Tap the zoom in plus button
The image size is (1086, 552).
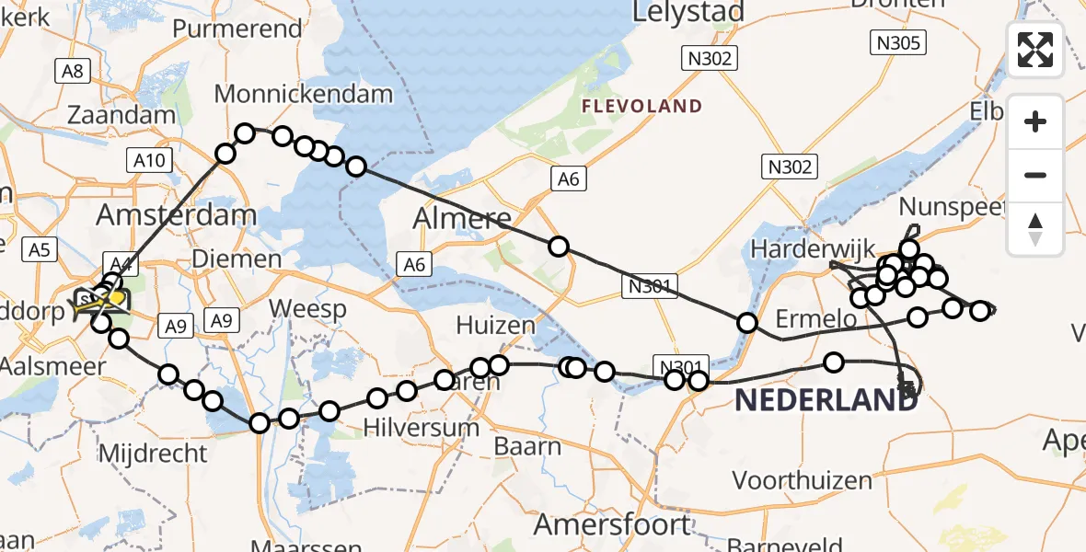[1035, 122]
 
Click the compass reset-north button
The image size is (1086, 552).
[1035, 229]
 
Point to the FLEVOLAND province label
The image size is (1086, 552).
[641, 107]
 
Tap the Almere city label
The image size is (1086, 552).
[462, 218]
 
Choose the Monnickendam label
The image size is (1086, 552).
[303, 94]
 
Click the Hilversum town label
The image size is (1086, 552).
[421, 428]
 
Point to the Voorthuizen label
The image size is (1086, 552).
[802, 480]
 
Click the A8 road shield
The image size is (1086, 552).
[71, 71]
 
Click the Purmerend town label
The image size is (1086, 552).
[237, 29]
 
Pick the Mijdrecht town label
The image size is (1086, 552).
[153, 454]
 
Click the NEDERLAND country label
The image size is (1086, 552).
[826, 400]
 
